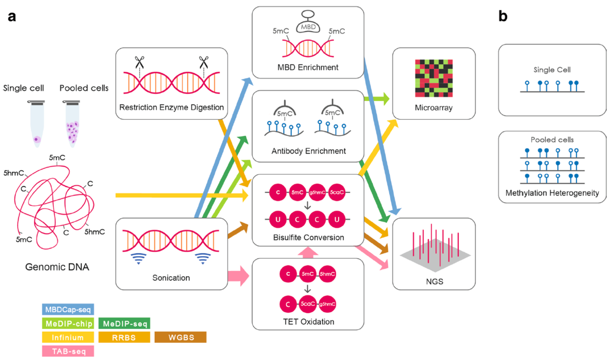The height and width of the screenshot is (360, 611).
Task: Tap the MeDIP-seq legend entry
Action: coord(124,324)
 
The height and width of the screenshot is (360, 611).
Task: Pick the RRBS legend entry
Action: coord(124,337)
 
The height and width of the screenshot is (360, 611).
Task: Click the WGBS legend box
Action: coord(180,337)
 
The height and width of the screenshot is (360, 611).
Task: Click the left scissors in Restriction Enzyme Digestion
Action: coord(139,63)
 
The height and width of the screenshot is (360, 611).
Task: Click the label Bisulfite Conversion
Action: coord(307,237)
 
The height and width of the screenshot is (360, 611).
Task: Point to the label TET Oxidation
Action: coord(308,322)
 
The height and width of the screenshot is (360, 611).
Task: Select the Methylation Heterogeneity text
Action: coord(552,193)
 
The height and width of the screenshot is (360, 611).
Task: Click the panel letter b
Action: coord(503,17)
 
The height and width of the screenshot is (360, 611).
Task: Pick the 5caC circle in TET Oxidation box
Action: coord(308,304)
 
